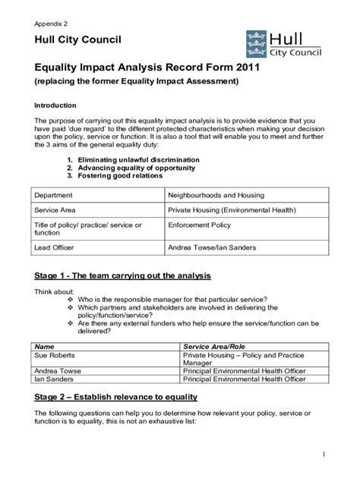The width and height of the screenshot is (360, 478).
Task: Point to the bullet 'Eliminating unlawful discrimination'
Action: (133, 160)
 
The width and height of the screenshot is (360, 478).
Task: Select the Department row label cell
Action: (55, 194)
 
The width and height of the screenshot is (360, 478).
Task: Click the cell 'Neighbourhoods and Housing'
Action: (216, 194)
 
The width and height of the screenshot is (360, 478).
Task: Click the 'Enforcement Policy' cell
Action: (200, 225)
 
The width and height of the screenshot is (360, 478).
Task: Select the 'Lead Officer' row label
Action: (55, 247)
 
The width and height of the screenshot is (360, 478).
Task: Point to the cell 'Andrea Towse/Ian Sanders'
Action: (212, 247)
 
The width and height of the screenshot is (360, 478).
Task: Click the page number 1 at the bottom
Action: (324, 454)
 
